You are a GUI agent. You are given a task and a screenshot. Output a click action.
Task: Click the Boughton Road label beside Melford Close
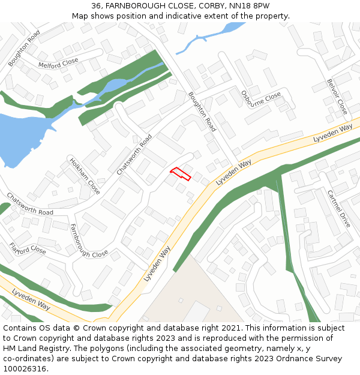(x=25, y=47)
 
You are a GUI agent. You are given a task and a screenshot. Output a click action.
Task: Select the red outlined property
(x=180, y=174)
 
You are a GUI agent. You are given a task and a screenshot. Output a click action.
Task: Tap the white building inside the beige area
(x=195, y=313)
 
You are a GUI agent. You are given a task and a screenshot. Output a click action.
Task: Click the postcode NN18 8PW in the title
(x=253, y=5)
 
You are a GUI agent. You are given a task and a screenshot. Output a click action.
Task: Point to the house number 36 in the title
(x=97, y=5)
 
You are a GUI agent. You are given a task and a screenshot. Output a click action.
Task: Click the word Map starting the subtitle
(x=80, y=16)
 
